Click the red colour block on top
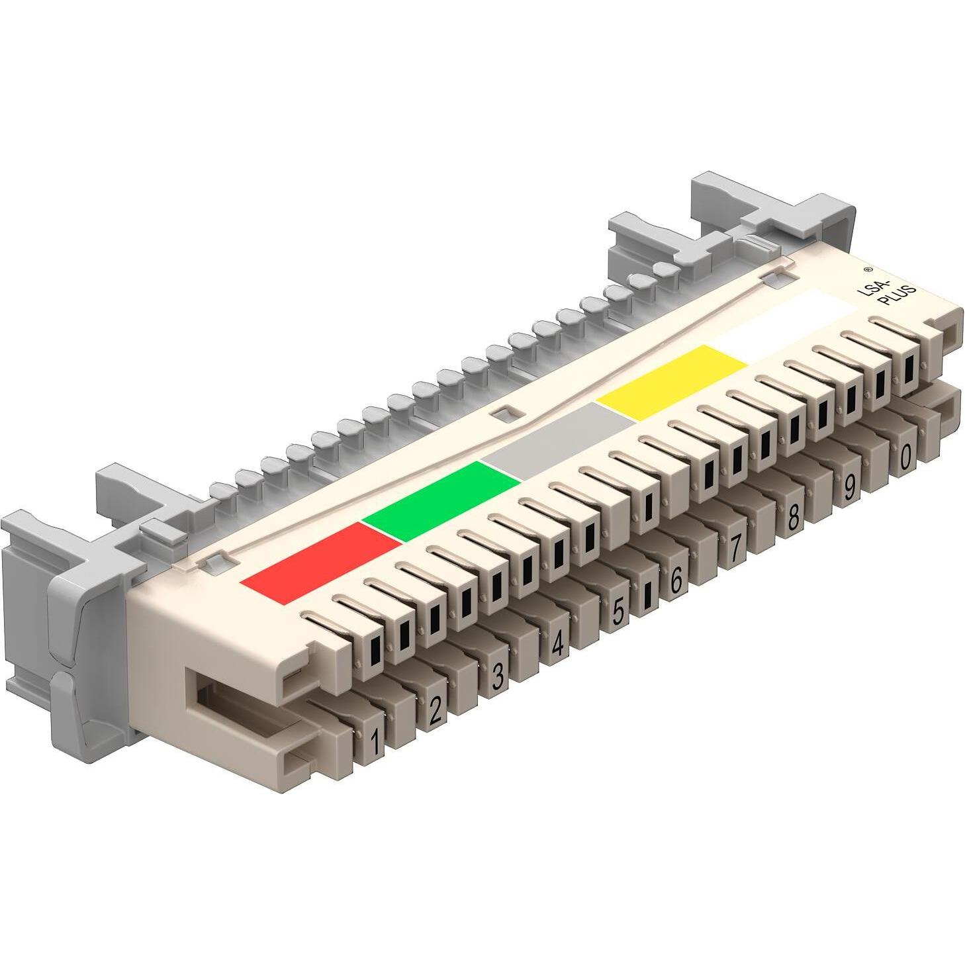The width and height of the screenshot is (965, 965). pyautogui.click(x=321, y=563)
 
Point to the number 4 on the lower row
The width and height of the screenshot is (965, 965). pyautogui.click(x=558, y=643)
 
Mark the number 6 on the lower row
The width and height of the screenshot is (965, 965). pyautogui.click(x=676, y=580)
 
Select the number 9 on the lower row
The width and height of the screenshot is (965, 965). pyautogui.click(x=849, y=488)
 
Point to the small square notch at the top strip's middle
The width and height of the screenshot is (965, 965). pyautogui.click(x=504, y=413)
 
